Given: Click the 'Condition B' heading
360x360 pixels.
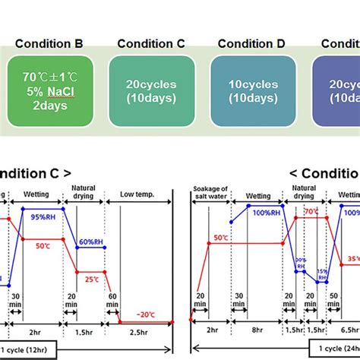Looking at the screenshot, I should pyautogui.click(x=50, y=43).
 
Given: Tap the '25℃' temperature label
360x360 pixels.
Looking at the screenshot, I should pyautogui.click(x=93, y=279).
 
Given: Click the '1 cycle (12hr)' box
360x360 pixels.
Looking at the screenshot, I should pyautogui.click(x=31, y=351).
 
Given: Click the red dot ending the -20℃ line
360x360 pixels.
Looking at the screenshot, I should pyautogui.click(x=173, y=322).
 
